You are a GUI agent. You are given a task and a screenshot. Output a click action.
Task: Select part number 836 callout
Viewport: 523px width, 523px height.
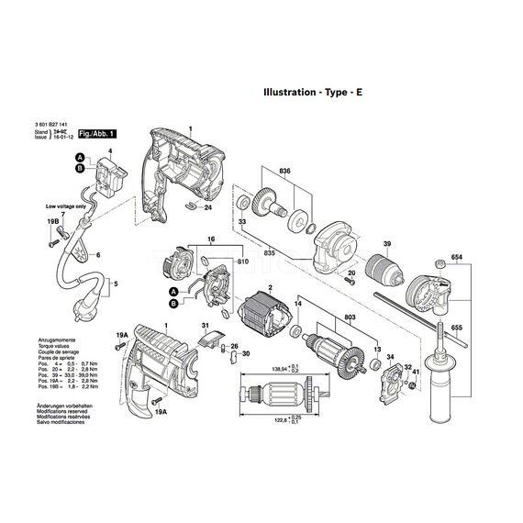tap(286, 171)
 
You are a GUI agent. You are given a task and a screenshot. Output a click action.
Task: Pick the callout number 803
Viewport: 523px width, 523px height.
tap(349, 316)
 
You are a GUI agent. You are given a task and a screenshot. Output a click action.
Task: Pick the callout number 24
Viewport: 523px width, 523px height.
tap(207, 207)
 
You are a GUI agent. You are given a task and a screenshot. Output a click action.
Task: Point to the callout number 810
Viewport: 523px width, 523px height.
tap(242, 263)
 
